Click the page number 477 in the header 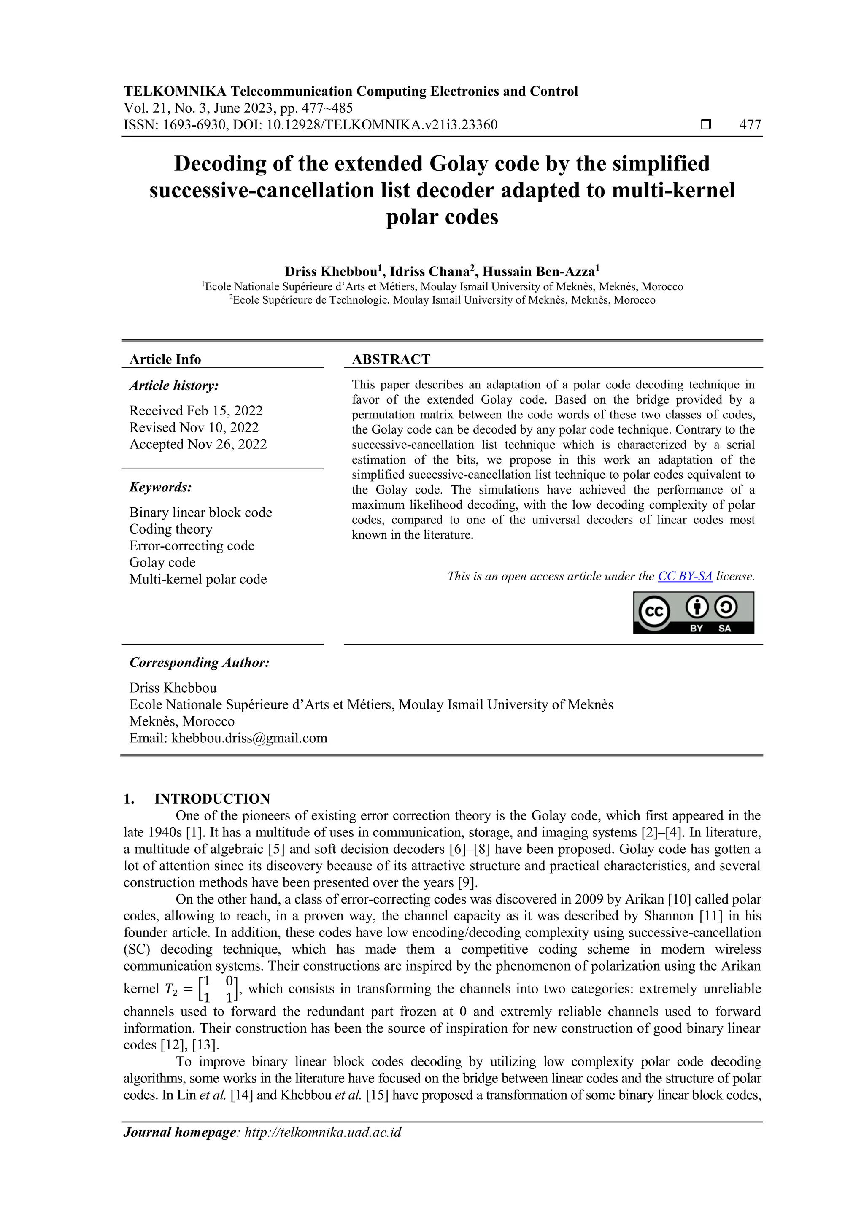coord(750,125)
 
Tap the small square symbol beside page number coord(705,124)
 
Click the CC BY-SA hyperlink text coord(685,576)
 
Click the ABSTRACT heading coord(391,359)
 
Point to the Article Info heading coord(165,359)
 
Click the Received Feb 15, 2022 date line coord(196,410)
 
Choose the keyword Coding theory coord(171,529)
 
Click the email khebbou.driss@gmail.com coord(249,738)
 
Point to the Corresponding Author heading coord(200,662)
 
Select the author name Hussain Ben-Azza coord(539,272)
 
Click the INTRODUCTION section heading coord(212,798)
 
